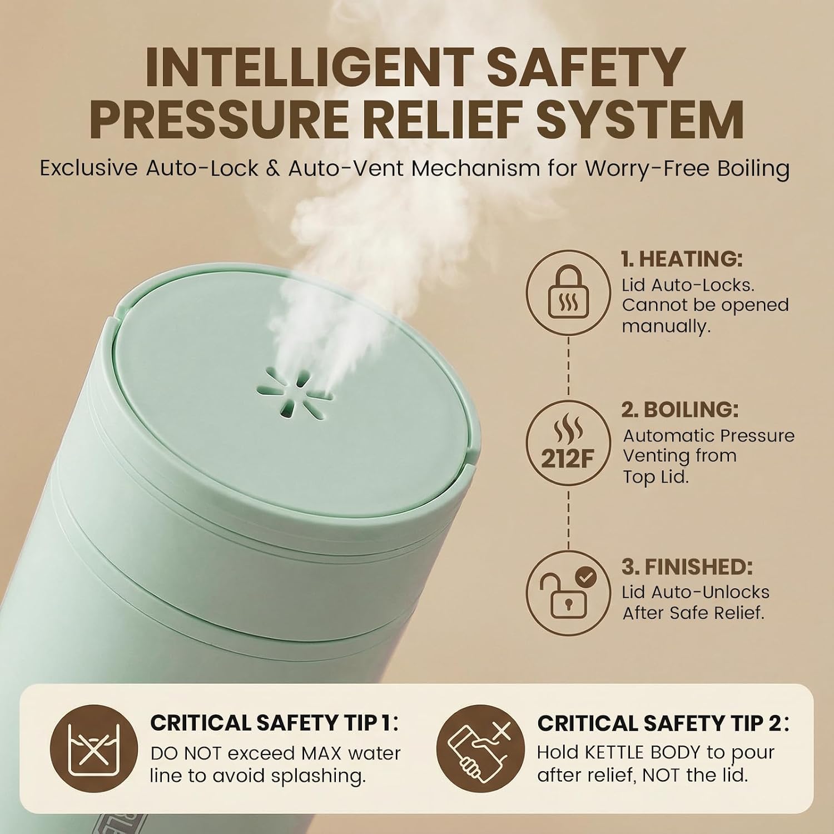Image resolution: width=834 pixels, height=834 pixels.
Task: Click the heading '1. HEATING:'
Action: coord(682,259)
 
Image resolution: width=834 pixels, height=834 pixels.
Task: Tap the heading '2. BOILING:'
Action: coord(680,410)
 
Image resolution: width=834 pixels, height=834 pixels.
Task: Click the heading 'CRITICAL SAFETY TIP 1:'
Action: coord(275,723)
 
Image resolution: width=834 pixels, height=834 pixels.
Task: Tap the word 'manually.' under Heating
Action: coord(666,326)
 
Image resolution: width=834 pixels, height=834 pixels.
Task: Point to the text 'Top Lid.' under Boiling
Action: coord(656,476)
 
